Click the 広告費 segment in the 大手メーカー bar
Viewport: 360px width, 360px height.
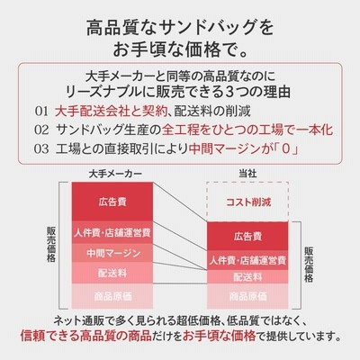[x=112, y=202]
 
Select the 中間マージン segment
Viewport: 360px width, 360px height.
[x=112, y=253]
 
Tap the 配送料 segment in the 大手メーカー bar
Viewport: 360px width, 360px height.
[x=112, y=273]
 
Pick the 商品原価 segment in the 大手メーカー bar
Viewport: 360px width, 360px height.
[x=112, y=296]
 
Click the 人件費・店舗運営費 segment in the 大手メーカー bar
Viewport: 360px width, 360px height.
[x=112, y=232]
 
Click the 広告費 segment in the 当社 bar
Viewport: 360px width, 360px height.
[x=247, y=236]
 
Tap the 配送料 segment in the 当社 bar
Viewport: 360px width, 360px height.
[x=247, y=277]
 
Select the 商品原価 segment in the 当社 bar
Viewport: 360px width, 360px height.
[x=247, y=296]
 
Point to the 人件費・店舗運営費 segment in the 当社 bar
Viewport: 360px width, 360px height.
[x=247, y=260]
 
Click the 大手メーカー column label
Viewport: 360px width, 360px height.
[x=115, y=174]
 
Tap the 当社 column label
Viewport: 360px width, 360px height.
[x=247, y=174]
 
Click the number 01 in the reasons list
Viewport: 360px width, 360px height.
[x=41, y=112]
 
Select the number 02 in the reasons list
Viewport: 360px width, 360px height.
[x=41, y=130]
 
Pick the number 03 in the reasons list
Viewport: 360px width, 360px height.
[x=41, y=148]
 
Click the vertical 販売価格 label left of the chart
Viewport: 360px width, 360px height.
[x=51, y=245]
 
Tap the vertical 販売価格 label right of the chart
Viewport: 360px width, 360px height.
[x=309, y=265]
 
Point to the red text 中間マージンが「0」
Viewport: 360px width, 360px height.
[x=244, y=148]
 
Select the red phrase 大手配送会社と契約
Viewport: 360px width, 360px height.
[x=111, y=112]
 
